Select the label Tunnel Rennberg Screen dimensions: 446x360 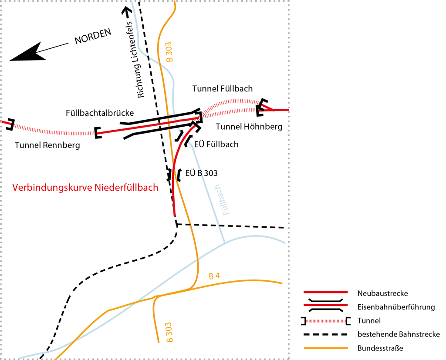[47, 145]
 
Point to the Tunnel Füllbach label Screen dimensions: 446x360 [223, 88]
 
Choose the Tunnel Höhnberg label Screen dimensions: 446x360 [249, 127]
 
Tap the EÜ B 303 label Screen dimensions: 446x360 [201, 173]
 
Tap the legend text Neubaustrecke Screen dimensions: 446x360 [382, 293]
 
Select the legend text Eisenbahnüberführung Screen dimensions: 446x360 [396, 307]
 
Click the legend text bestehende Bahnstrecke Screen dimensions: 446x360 [399, 334]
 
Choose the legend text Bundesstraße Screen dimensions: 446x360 [380, 348]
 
